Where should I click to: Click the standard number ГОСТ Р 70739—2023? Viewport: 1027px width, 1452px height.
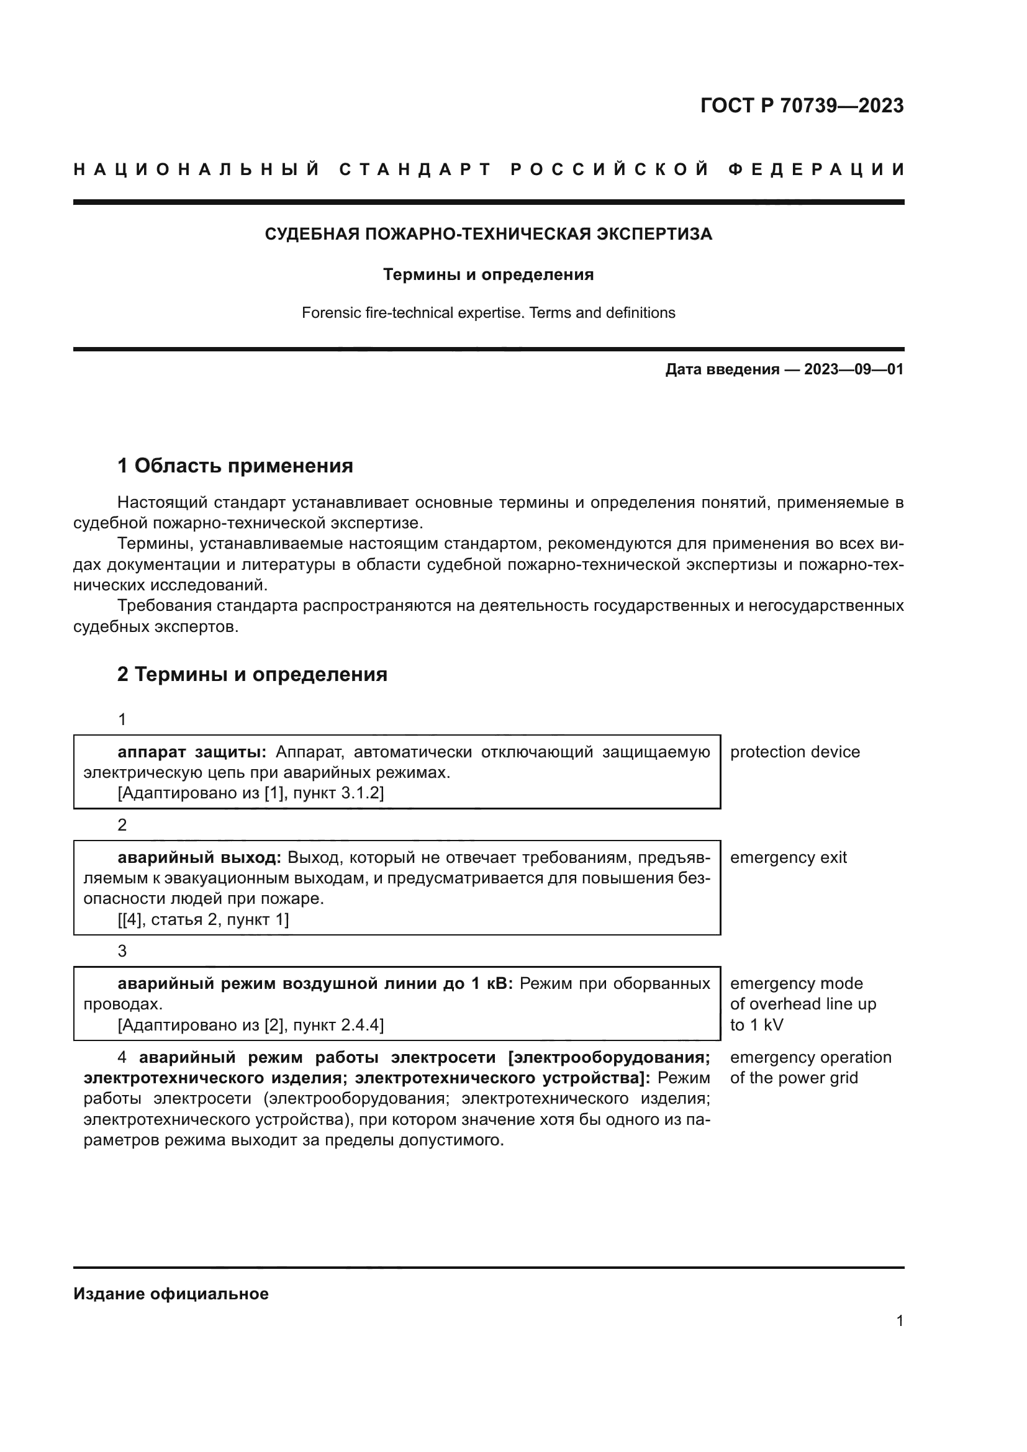tap(801, 106)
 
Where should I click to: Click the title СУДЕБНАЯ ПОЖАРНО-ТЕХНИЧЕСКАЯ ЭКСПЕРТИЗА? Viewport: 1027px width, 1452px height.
tap(488, 234)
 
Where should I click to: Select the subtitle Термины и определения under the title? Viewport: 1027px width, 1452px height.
tap(488, 274)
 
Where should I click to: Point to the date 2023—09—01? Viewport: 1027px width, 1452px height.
tap(853, 369)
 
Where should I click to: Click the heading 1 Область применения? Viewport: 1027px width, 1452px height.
tap(235, 466)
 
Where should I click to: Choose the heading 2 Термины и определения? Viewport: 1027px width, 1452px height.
tap(251, 675)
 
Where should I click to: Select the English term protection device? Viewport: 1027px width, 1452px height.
tap(794, 752)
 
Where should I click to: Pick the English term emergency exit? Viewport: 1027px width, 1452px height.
tap(787, 857)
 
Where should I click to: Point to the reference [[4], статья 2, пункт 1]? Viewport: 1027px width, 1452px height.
tap(203, 919)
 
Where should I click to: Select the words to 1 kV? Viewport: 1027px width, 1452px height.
tap(756, 1024)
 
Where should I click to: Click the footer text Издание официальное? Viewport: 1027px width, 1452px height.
tap(171, 1294)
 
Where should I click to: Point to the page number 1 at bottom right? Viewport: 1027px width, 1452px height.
tap(899, 1321)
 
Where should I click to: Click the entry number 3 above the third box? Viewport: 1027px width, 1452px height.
tap(122, 951)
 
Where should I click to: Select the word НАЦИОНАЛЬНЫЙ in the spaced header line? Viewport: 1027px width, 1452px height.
tap(197, 169)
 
